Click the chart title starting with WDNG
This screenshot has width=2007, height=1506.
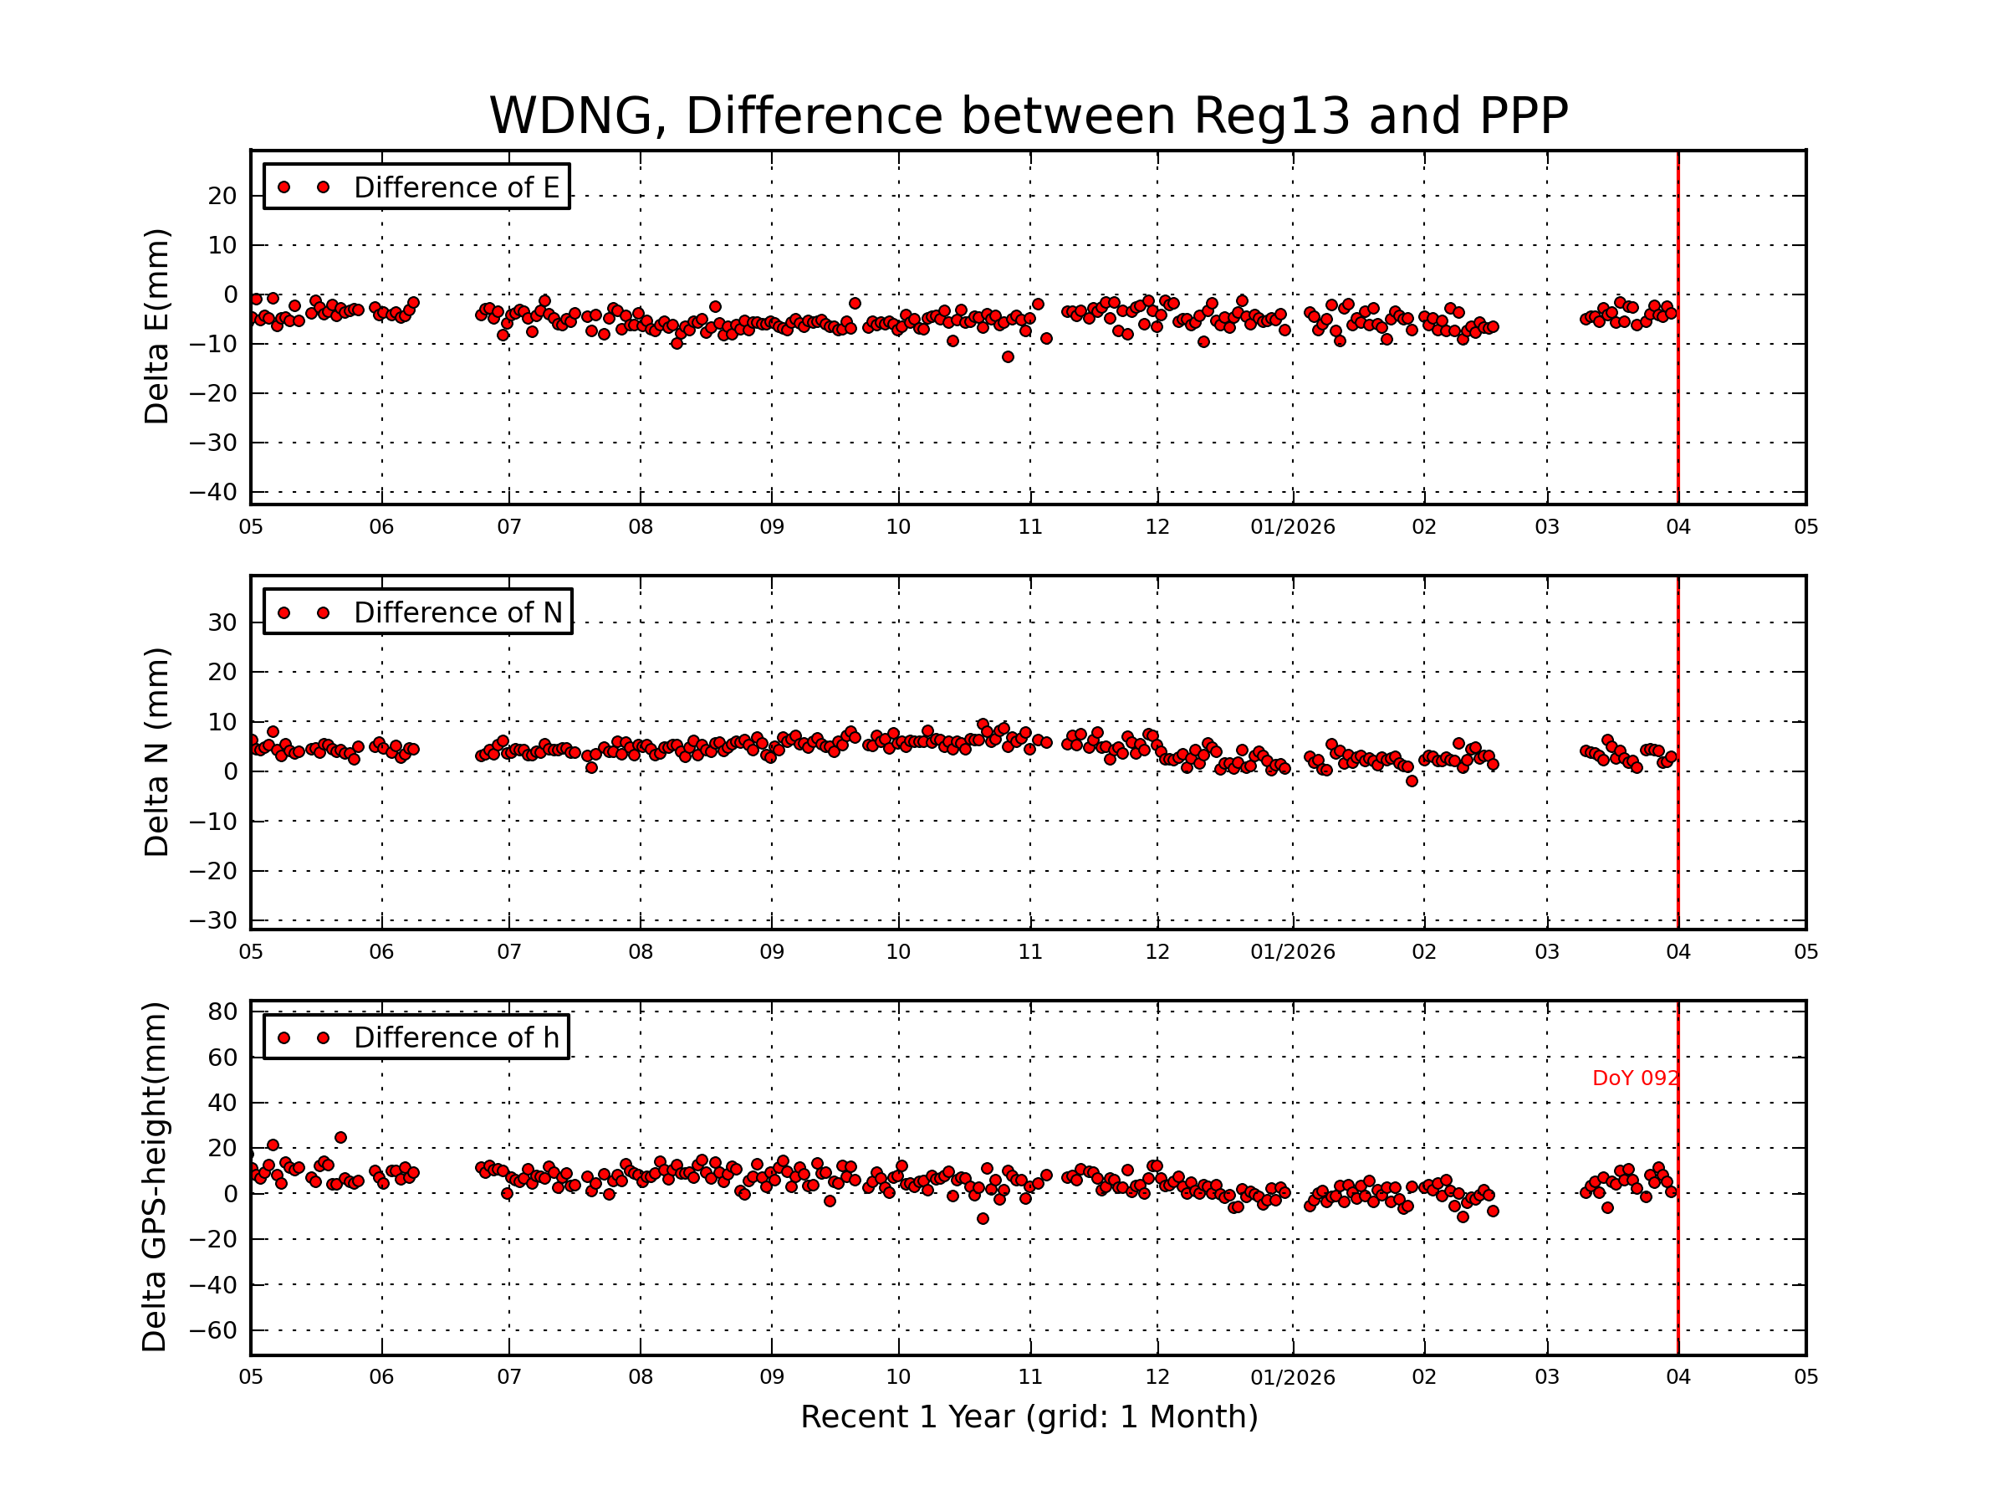click(1028, 116)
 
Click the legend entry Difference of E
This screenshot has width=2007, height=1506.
click(456, 187)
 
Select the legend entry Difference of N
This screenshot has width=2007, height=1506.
click(457, 612)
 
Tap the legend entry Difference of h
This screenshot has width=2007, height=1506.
click(456, 1037)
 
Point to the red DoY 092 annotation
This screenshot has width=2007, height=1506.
click(1634, 1078)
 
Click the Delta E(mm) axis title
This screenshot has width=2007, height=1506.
click(156, 326)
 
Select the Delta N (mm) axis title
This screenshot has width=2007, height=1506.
click(156, 751)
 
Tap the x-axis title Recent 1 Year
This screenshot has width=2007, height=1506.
click(1028, 1417)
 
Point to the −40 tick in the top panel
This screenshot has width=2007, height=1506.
click(212, 492)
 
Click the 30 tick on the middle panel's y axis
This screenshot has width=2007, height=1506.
click(222, 622)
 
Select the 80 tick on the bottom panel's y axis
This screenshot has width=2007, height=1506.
click(222, 1012)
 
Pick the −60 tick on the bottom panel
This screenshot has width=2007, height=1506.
click(212, 1331)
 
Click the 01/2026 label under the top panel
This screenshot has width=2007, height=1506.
click(1292, 527)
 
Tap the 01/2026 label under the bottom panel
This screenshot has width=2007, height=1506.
click(1292, 1377)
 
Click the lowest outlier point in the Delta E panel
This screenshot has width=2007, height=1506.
click(1007, 356)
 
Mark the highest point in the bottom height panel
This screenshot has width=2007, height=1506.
click(340, 1137)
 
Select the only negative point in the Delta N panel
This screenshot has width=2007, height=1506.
click(1411, 781)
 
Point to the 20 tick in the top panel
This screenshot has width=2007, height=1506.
click(222, 196)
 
